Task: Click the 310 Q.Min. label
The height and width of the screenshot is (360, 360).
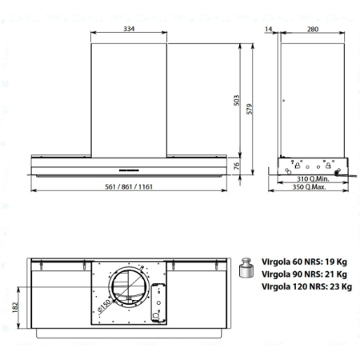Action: (x=305, y=178)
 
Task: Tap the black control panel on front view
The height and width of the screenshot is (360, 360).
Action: (x=130, y=170)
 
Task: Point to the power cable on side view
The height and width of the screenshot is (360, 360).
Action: (x=345, y=171)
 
